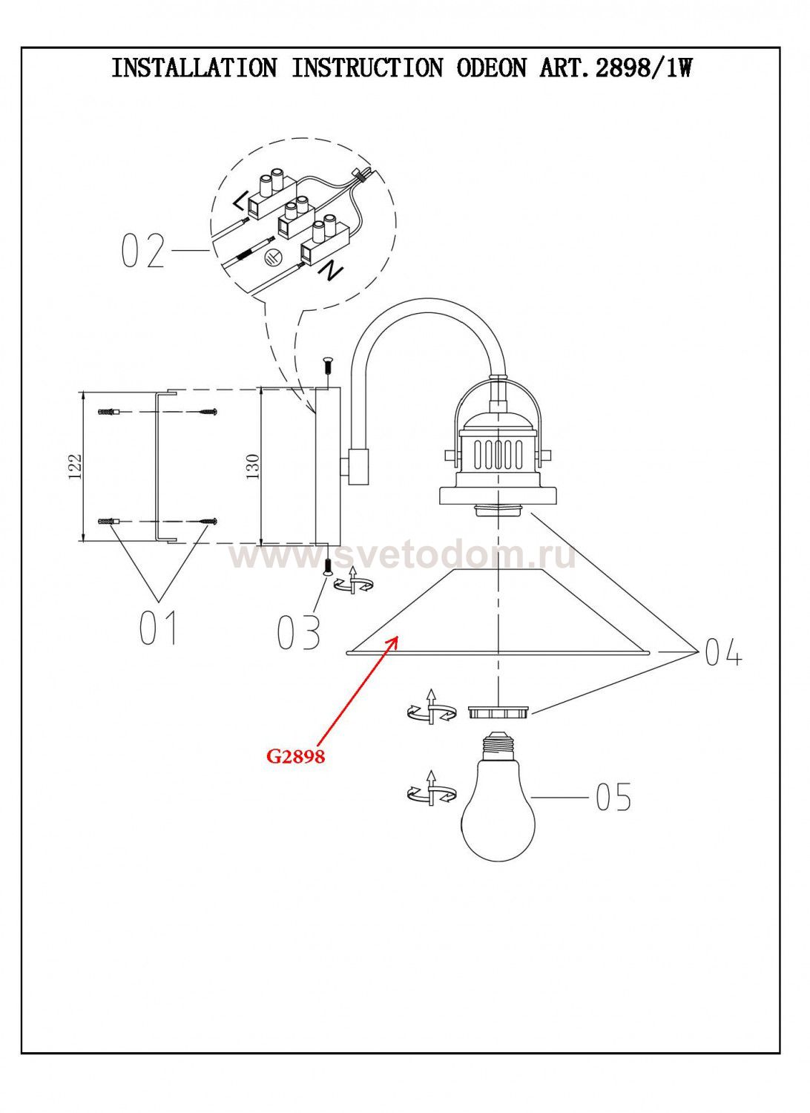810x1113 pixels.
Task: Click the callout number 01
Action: (x=159, y=628)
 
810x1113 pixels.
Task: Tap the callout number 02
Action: (x=142, y=252)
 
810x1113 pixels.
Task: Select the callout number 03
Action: (x=298, y=632)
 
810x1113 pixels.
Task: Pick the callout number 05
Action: (x=613, y=796)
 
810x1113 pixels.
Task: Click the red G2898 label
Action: (x=296, y=757)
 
